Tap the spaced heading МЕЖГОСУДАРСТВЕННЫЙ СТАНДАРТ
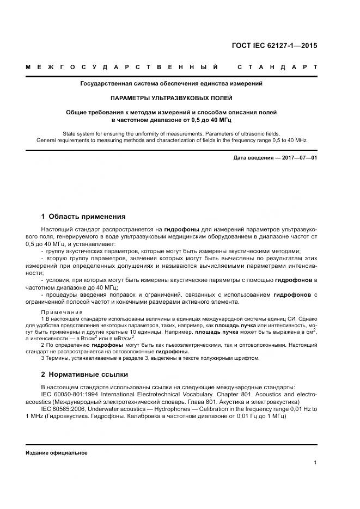pyautogui.click(x=171, y=67)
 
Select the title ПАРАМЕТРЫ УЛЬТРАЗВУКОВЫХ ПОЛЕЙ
pyautogui.click(x=171, y=98)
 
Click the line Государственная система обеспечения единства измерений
pyautogui.click(x=171, y=84)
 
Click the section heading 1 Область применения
pyautogui.click(x=83, y=216)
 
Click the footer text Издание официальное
pyautogui.click(x=57, y=453)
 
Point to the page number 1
pyautogui.click(x=315, y=463)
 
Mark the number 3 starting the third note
pyautogui.click(x=42, y=358)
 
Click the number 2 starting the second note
pyautogui.click(x=42, y=345)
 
